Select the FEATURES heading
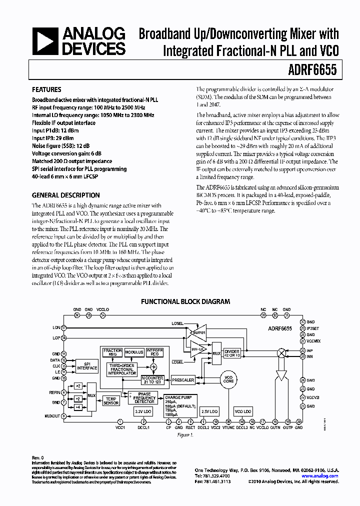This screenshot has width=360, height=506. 46,90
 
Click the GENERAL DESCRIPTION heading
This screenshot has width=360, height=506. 65,195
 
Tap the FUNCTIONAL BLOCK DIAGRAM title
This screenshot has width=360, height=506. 185,301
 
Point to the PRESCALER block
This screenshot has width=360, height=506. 182,380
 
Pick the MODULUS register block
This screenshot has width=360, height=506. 134,352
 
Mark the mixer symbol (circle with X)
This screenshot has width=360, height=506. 280,353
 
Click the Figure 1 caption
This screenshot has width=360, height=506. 185,435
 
